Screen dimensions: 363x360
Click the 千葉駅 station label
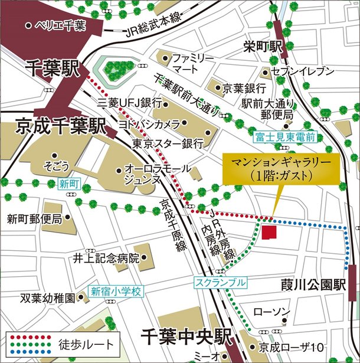53,69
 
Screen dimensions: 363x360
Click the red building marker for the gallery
269,231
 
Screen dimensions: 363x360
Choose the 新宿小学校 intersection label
117,291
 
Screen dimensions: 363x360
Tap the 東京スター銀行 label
168,143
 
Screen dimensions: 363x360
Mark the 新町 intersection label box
69,184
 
